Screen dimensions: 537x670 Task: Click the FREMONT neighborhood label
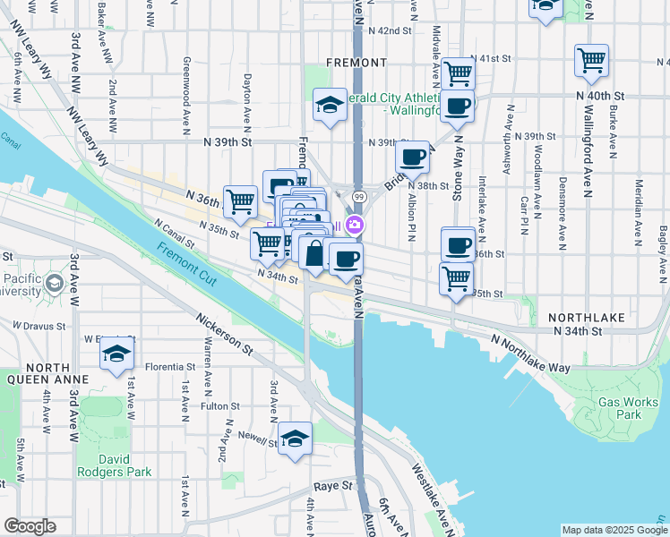(356, 63)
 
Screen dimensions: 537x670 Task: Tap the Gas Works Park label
(620, 408)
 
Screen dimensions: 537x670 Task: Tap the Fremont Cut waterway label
(186, 260)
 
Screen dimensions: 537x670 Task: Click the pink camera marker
(356, 224)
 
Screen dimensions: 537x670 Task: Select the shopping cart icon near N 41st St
(458, 72)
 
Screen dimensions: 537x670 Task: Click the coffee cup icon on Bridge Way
(413, 158)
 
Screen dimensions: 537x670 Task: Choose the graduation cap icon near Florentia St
(116, 355)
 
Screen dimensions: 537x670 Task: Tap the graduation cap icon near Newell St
(295, 438)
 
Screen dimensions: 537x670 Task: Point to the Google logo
(30, 527)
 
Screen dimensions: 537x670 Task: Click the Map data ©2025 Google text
(614, 530)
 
